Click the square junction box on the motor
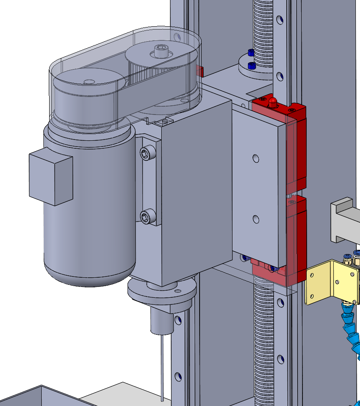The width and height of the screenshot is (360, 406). click(x=50, y=177)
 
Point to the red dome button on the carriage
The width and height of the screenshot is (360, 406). click(x=272, y=101)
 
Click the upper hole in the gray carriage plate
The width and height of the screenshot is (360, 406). click(x=256, y=159)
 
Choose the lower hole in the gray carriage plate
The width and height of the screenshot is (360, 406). click(x=256, y=219)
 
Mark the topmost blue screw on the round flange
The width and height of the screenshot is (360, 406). click(x=250, y=52)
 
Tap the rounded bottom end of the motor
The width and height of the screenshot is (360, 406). click(x=90, y=273)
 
